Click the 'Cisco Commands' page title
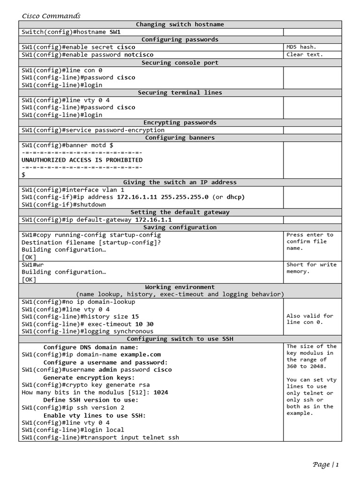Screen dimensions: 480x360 click(51, 16)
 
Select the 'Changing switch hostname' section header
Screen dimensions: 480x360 click(180, 24)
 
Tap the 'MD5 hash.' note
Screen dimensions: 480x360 click(301, 47)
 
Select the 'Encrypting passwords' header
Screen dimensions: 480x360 click(180, 122)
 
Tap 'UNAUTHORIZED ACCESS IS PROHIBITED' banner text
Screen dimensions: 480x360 click(82, 160)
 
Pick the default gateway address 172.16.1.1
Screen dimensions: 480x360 click(153, 219)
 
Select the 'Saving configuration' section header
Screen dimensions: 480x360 click(180, 227)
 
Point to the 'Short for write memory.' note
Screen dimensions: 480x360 click(311, 268)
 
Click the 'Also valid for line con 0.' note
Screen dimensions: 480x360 click(310, 319)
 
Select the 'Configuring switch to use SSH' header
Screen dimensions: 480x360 click(180, 339)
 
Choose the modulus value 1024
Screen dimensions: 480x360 click(161, 392)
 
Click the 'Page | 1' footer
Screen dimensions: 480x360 click(325, 465)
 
